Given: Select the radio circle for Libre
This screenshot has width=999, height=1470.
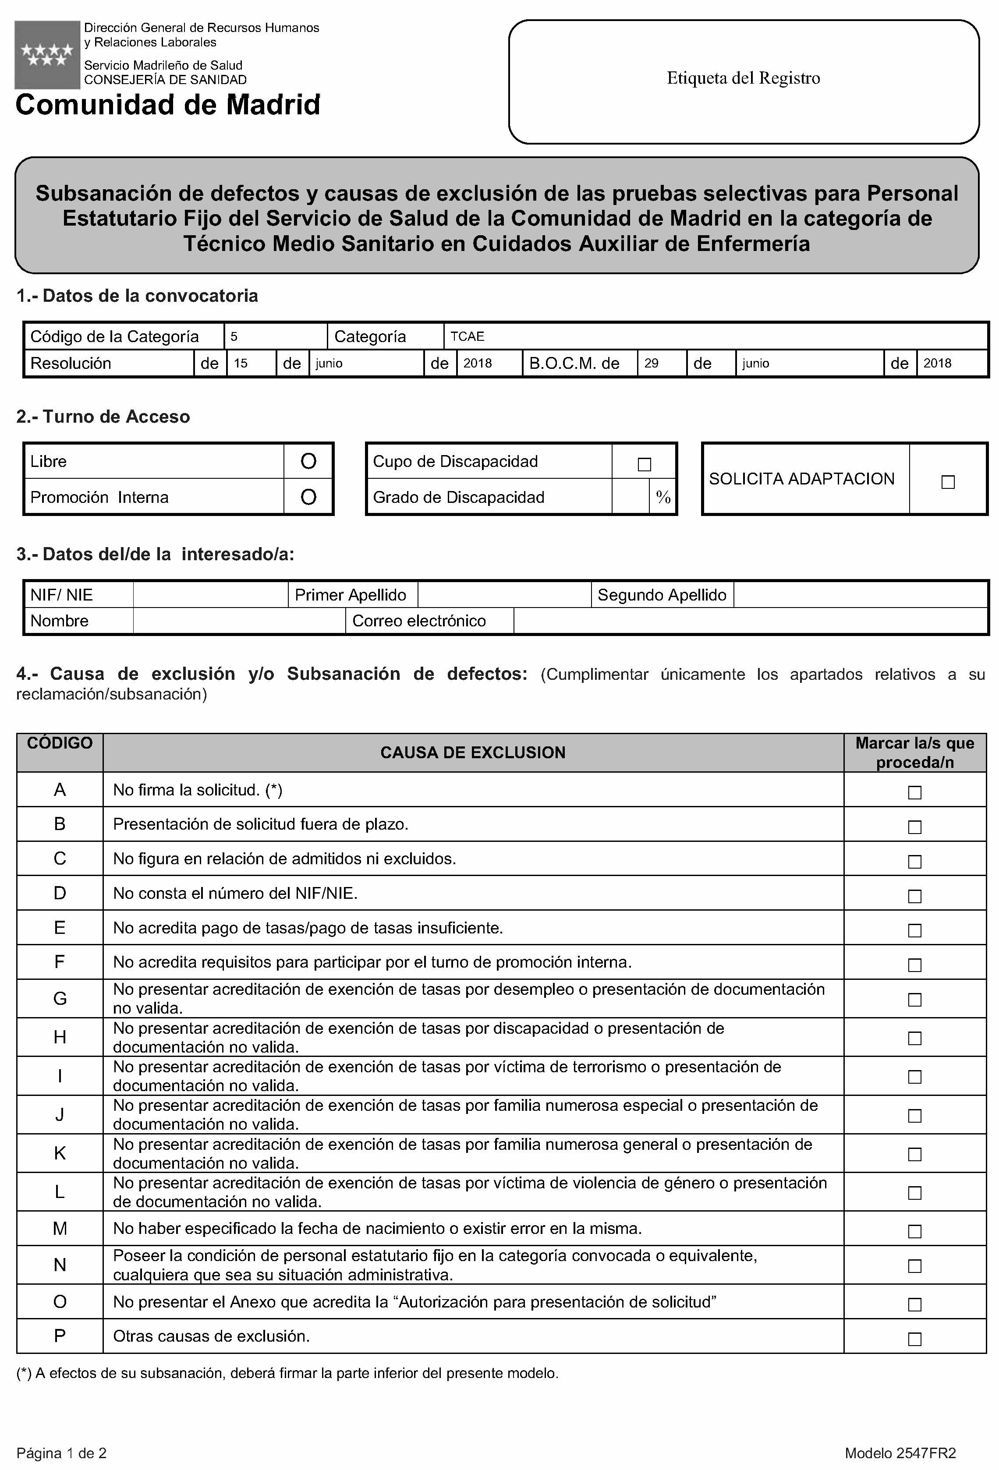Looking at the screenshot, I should [308, 461].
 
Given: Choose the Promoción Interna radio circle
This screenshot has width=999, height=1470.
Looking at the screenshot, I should [308, 497].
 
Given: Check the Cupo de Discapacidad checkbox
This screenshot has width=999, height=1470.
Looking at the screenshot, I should [644, 464].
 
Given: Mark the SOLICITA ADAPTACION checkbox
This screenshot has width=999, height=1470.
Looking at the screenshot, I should [947, 482].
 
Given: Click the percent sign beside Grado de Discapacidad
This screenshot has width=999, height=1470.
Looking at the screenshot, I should [662, 497].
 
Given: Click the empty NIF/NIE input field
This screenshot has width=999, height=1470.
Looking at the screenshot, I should [210, 594].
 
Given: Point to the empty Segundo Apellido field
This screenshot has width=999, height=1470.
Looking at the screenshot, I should [861, 594].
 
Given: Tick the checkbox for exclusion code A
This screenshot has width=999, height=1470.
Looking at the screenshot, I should [914, 792].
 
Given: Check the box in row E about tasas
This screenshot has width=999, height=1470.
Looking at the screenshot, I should [914, 930].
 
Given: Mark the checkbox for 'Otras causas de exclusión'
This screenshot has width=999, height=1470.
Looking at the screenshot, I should [914, 1339].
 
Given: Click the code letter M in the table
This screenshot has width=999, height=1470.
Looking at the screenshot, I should [60, 1228].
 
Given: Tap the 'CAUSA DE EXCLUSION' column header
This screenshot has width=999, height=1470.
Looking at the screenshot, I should [473, 752].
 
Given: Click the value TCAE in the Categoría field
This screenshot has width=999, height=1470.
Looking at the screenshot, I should [468, 336].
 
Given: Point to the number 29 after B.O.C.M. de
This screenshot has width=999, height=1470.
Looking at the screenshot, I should [651, 363].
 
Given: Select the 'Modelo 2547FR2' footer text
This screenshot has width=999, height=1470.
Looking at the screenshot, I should [900, 1453].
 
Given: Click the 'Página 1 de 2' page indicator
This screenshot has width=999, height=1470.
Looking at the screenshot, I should [61, 1453].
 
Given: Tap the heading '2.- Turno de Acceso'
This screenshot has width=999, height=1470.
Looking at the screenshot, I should [103, 417].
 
